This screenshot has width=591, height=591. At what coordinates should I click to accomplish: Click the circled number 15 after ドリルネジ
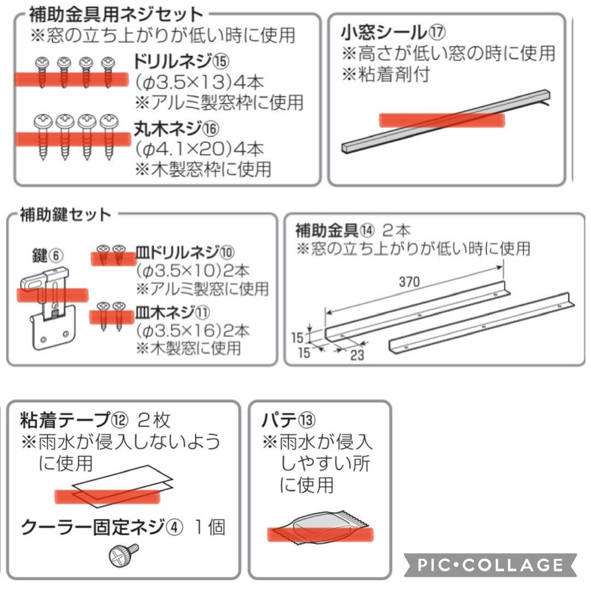pos(221,61)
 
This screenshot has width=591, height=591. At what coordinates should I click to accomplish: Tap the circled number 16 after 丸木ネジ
pos(211,129)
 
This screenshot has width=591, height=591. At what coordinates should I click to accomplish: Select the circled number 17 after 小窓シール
pos(437,32)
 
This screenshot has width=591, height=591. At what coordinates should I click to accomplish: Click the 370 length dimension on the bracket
pos(409,282)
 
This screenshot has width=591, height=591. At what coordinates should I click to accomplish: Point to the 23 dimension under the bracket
pos(357,355)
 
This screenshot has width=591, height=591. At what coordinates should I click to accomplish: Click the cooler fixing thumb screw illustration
pos(124,555)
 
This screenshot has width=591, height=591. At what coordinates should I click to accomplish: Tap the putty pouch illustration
pos(320,528)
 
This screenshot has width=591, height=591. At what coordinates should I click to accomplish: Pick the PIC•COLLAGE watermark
pos(490,565)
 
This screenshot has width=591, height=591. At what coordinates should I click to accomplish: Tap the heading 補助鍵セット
pos(65,215)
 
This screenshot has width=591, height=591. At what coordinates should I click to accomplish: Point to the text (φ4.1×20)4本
pos(199,149)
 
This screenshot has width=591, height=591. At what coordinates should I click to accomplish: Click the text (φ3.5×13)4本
pos(199,82)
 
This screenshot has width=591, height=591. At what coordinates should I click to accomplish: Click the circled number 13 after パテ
pos(307,420)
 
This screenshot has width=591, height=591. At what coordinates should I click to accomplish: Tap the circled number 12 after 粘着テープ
pos(120,420)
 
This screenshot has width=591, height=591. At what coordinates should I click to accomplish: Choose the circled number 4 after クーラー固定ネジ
pos(175,527)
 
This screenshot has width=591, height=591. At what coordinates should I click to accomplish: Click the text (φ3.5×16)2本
pos(192,331)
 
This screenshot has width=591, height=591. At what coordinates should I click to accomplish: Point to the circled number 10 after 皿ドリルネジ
pos(227,252)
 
